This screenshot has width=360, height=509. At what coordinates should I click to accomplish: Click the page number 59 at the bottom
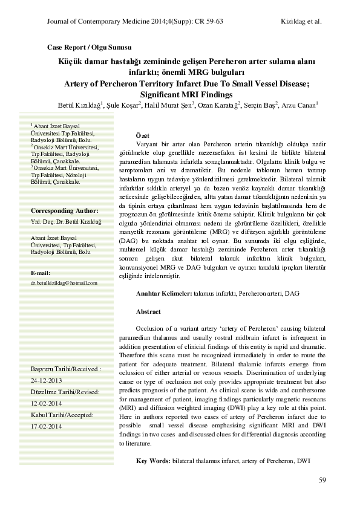tap(322, 480)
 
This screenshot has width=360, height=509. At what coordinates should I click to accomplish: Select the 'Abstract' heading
tap(148, 311)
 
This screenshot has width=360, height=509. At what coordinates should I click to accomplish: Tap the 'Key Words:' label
tap(153, 461)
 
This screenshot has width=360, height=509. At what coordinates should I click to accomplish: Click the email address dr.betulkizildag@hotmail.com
tap(64, 282)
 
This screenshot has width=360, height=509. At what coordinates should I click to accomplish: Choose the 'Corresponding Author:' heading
tap(64, 210)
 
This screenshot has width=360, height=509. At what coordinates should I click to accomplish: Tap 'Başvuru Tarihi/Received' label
tap(65, 368)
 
